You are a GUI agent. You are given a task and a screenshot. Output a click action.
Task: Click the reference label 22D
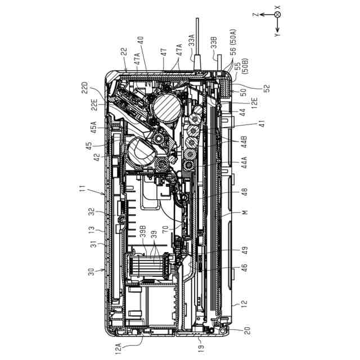(x=85, y=88)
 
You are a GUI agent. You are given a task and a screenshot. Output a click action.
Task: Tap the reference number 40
(x=140, y=40)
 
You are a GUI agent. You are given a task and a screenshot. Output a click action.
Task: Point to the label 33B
(x=214, y=42)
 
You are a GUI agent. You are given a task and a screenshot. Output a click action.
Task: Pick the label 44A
(x=244, y=163)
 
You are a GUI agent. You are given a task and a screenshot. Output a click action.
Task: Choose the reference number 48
(x=245, y=192)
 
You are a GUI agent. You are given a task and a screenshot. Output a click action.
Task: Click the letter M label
(x=245, y=212)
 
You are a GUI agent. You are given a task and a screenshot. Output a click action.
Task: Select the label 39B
(x=143, y=231)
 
